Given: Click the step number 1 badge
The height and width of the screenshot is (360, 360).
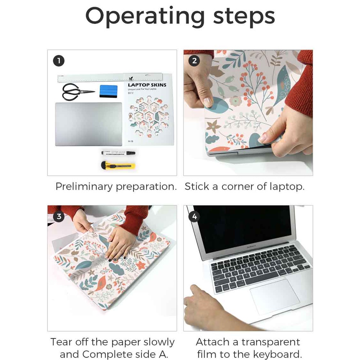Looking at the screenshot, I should pyautogui.click(x=59, y=61).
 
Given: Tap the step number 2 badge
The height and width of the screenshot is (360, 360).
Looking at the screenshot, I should pyautogui.click(x=194, y=61).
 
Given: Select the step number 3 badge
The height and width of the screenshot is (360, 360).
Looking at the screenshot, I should pyautogui.click(x=59, y=216).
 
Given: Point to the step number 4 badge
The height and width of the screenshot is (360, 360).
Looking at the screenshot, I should pyautogui.click(x=194, y=216).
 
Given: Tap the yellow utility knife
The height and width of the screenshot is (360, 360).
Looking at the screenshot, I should pyautogui.click(x=118, y=166).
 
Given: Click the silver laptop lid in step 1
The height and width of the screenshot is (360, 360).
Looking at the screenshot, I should pyautogui.click(x=89, y=124).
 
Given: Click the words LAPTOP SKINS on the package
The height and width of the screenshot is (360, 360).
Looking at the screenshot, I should pyautogui.click(x=147, y=85).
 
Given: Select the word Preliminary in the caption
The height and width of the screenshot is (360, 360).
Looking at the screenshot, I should pyautogui.click(x=84, y=186).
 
